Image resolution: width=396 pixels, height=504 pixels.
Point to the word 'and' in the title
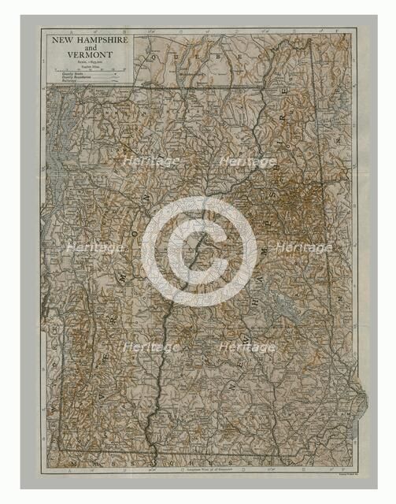(87, 46)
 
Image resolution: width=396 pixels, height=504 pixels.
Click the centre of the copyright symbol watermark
(198, 250)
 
